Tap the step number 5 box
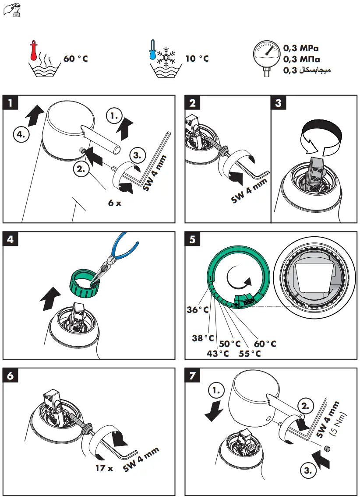(x=193, y=239)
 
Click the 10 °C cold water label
(x=197, y=58)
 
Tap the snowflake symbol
(x=166, y=56)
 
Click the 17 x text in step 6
(x=104, y=468)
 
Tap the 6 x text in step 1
(x=115, y=203)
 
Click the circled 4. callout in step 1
(x=21, y=135)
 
